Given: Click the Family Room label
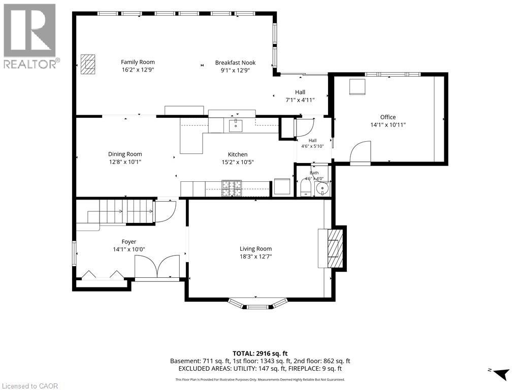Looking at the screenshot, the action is [138, 62].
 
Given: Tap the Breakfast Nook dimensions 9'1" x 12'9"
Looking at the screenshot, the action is [235, 70].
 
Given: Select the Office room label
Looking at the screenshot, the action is [388, 117].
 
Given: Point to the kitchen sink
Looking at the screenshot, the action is [236, 126].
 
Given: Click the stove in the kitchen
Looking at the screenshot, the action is [232, 188].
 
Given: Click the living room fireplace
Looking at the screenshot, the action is [332, 248].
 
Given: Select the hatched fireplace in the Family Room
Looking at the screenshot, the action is [88, 64].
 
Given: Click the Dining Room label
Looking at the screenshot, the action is [125, 154].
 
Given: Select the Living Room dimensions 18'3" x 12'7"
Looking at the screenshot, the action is [256, 256].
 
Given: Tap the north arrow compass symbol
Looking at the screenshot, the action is [500, 373].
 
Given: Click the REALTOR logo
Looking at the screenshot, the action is [30, 36].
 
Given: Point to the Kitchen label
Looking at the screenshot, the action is [238, 154].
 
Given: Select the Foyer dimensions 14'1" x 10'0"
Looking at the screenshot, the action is [129, 249].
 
